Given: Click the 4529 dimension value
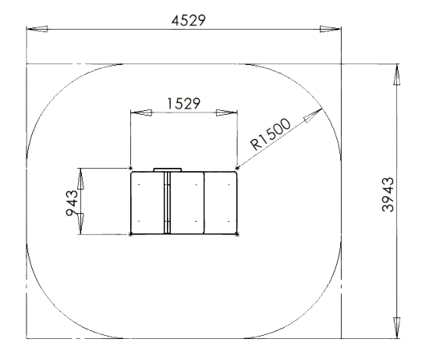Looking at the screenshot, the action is point(189,20).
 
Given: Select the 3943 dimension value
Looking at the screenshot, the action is point(388,194).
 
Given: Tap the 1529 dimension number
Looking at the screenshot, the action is point(184,104).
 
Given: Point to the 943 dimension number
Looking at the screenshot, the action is point(72,203).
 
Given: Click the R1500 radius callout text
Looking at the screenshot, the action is point(271,134).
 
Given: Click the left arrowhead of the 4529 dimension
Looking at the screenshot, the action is point(37,29).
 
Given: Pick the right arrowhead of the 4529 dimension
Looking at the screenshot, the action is point(331,29).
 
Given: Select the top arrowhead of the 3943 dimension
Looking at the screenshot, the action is point(396,75).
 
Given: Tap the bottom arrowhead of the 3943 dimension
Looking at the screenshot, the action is point(396,328).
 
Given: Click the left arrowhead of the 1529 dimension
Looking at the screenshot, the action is point(141,112).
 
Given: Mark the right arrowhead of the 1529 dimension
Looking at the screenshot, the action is point(227,112).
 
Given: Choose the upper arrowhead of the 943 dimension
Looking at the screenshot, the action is point(80,179).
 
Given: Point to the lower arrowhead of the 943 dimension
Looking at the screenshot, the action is point(80,224).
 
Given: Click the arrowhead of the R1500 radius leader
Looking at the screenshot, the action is point(313,115).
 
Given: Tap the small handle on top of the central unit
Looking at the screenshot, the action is point(168,169).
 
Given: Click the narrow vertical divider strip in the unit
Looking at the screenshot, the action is point(167,202).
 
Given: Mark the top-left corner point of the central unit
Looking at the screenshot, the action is point(131,169).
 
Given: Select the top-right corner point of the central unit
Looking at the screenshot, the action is point(237,169).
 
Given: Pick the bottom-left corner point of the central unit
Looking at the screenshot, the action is point(131,234).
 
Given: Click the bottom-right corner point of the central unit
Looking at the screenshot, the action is point(237,234).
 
